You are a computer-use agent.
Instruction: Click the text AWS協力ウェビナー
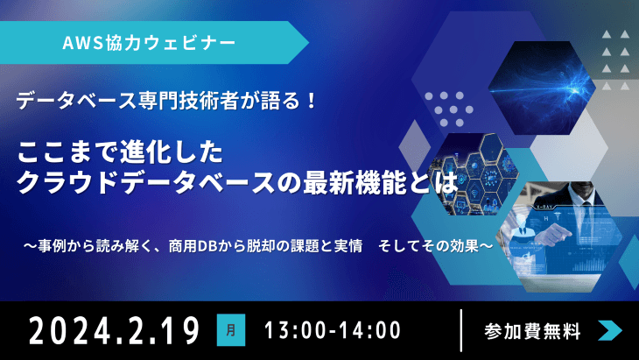pyautogui.click(x=149, y=41)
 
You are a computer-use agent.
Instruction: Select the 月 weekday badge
pyautogui.click(x=230, y=330)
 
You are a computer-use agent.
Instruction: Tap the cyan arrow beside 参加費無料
pyautogui.click(x=610, y=330)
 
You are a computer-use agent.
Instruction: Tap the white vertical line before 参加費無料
pyautogui.click(x=460, y=330)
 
